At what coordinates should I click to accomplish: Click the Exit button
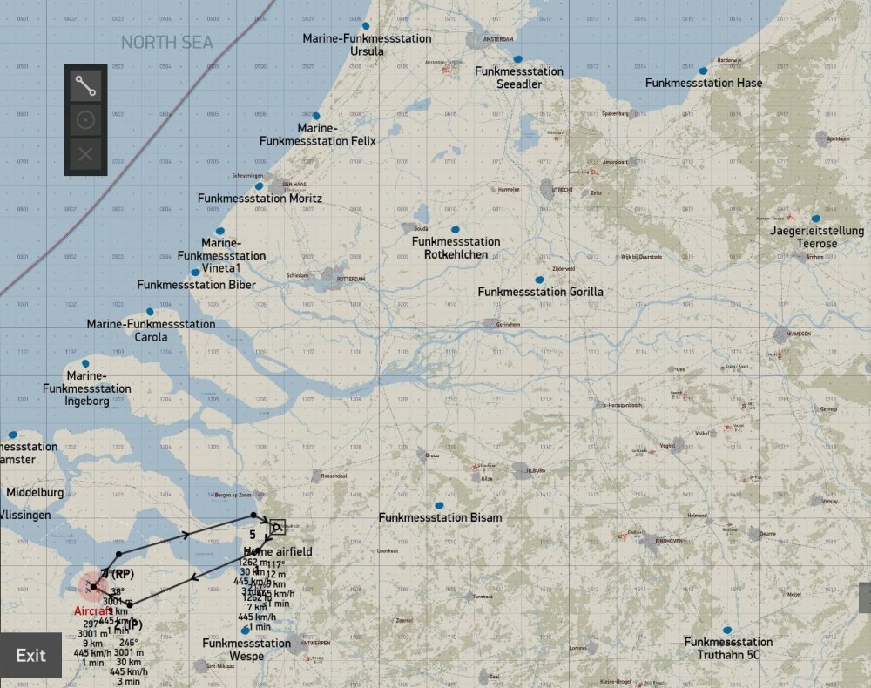pos(30,655)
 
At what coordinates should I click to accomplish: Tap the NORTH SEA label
pos(166,43)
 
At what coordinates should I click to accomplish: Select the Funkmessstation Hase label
pos(704,83)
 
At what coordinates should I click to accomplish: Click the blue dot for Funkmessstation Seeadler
pos(518,59)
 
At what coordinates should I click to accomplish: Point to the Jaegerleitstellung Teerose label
pos(804,238)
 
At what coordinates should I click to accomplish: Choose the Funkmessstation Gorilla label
pos(540,292)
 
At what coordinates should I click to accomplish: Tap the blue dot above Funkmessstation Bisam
pos(439,505)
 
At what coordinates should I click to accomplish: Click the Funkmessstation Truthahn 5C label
pos(728,648)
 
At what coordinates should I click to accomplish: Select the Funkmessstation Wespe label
pos(246,649)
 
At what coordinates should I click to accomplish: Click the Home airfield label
pos(278,551)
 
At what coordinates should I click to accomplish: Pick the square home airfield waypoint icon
pos(277,527)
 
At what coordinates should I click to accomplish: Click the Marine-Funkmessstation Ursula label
pos(367,44)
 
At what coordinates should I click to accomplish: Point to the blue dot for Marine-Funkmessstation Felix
pos(316,115)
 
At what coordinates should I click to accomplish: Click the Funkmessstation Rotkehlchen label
pos(456,247)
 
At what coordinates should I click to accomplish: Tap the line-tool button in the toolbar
pos(85,84)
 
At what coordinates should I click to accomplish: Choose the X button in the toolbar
pos(85,155)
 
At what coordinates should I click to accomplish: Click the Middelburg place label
pos(35,492)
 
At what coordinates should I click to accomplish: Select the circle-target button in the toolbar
pos(85,120)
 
